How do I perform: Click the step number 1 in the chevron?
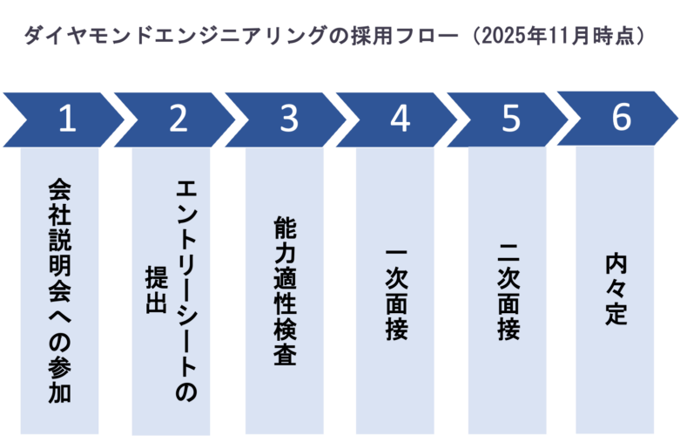67,119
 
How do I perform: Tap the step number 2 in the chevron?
178,119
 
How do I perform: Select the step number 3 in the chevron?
289,119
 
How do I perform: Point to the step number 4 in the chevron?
400,119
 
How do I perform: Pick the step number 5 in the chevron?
511,119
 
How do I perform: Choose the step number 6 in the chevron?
621,118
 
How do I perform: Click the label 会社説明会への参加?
60,292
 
